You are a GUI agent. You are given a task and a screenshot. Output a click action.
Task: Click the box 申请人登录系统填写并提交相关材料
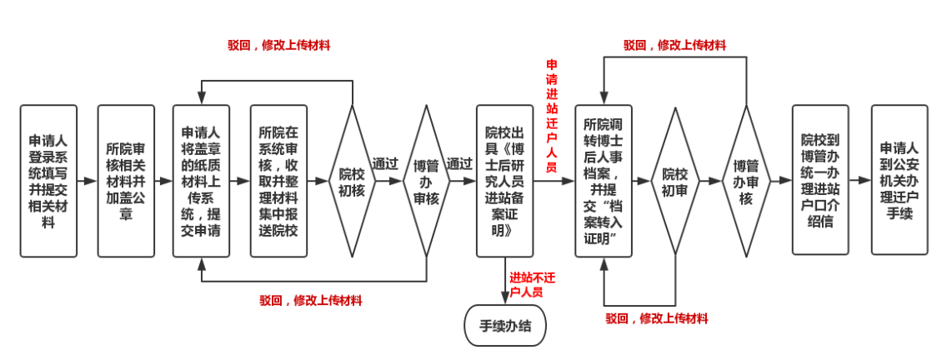pyautogui.click(x=48, y=180)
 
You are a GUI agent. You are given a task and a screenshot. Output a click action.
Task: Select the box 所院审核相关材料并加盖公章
pyautogui.click(x=126, y=180)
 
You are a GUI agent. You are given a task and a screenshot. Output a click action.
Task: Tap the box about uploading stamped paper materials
pyautogui.click(x=201, y=180)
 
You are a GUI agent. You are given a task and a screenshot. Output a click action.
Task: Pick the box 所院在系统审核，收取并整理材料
pyautogui.click(x=278, y=180)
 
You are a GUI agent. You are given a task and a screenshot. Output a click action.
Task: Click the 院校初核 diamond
pyautogui.click(x=351, y=180)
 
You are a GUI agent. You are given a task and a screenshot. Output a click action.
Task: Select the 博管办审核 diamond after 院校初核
pyautogui.click(x=426, y=180)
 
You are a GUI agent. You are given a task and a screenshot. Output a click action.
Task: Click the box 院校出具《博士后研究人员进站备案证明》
pyautogui.click(x=504, y=180)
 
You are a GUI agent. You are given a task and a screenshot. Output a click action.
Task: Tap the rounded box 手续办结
pyautogui.click(x=505, y=326)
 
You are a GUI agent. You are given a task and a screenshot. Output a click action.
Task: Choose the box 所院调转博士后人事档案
pyautogui.click(x=604, y=180)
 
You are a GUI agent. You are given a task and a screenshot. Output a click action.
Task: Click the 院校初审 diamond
pyautogui.click(x=675, y=180)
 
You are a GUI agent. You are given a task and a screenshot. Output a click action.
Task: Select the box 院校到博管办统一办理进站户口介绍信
pyautogui.click(x=820, y=180)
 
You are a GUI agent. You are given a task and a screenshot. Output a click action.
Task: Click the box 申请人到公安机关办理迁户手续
pyautogui.click(x=899, y=180)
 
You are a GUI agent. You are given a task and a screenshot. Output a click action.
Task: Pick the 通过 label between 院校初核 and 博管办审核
pyautogui.click(x=384, y=164)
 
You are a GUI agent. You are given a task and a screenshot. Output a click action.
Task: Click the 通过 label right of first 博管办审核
pyautogui.click(x=458, y=164)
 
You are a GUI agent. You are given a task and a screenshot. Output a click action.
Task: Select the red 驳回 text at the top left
pyautogui.click(x=278, y=45)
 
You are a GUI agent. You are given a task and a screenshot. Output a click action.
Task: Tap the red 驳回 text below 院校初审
pyautogui.click(x=656, y=318)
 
